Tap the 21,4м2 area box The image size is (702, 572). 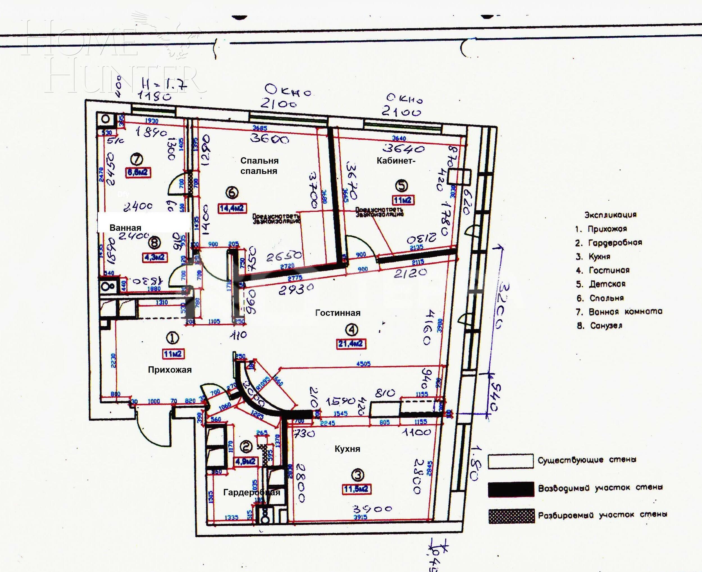pos(351,344)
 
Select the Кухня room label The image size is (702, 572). pos(347,449)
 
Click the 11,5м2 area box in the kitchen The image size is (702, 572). pos(357,489)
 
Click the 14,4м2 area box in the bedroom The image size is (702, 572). pos(232,208)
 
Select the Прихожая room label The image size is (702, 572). pos(170,370)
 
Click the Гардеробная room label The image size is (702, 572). pos(252,492)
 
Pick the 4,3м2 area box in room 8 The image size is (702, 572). pos(155,257)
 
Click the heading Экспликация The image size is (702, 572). pos(610,215)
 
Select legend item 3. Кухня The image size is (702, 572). pos(593,256)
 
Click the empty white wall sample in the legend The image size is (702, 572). pos(511,461)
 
